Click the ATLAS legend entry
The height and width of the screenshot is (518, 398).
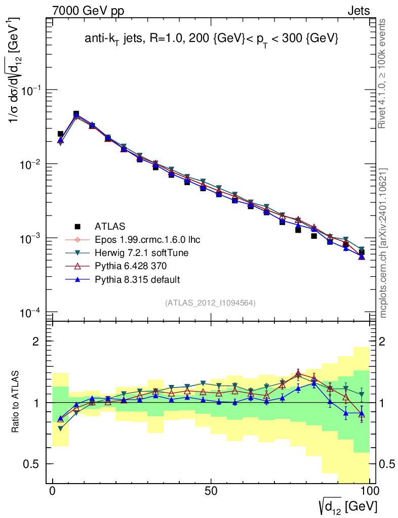(x=110, y=226)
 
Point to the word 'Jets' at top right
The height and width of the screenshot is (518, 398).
(x=358, y=11)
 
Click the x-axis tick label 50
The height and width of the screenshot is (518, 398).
(x=211, y=492)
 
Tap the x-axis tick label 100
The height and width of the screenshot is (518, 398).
(x=370, y=492)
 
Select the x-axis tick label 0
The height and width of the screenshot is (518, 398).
(x=53, y=492)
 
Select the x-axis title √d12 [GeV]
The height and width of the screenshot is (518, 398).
(x=348, y=505)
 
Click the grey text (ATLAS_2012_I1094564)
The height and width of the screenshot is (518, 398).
(x=210, y=303)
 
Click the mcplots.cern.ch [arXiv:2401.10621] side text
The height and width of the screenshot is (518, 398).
(x=383, y=243)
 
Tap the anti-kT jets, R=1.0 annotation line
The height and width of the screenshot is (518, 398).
(x=211, y=39)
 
